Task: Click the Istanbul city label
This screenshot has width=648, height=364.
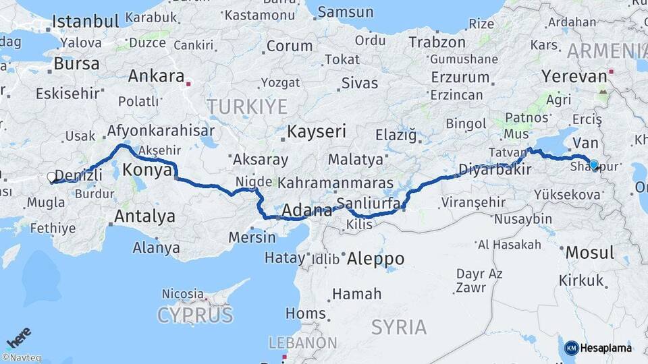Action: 85,22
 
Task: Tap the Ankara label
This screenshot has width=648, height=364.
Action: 155,75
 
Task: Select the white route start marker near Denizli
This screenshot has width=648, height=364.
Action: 52,177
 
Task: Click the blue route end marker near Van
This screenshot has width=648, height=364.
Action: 593,164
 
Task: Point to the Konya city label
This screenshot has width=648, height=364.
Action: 147,171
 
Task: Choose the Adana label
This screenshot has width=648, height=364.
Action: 306,210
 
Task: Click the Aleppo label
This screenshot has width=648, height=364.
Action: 375,259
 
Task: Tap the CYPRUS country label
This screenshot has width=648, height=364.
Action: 195,314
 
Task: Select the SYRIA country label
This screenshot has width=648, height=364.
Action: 399,328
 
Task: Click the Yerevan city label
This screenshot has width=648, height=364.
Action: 573,77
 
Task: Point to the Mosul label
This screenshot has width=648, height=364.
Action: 589,253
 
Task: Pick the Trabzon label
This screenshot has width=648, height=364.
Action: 437,42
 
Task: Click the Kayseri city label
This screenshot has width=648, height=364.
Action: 317,131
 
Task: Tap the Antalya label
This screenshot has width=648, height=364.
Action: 144,216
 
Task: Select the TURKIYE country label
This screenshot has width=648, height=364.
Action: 247,107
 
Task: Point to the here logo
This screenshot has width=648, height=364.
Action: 19,335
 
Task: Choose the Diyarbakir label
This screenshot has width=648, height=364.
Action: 495,169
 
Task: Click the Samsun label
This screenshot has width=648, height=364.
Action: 345,12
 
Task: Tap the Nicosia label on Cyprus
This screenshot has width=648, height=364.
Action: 182,293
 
